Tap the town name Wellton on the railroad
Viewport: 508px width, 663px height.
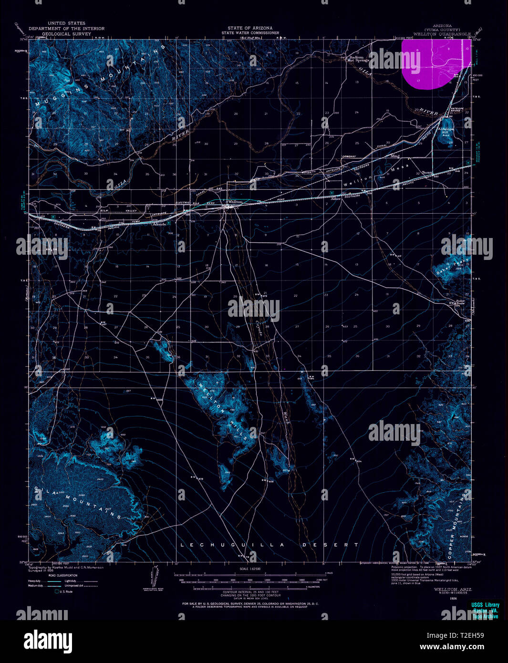236,202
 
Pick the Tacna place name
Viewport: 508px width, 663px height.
426,173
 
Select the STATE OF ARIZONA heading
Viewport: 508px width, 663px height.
249,29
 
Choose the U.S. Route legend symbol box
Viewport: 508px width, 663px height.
57,591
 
